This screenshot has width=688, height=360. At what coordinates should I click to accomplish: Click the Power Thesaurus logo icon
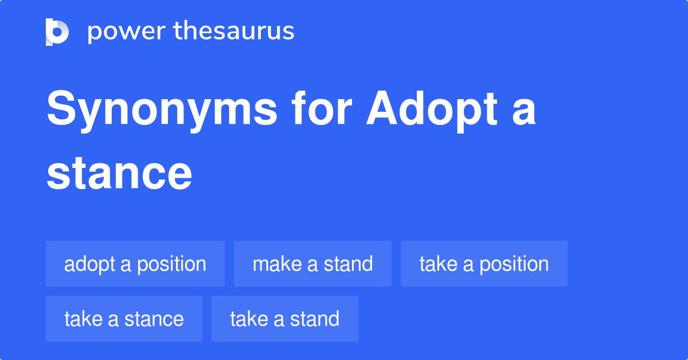pyautogui.click(x=57, y=32)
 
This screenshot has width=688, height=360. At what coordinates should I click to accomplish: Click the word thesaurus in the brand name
pyautogui.click(x=234, y=32)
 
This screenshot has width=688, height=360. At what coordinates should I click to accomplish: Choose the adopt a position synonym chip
pyautogui.click(x=135, y=264)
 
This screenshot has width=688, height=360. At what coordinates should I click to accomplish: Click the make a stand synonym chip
pyautogui.click(x=312, y=264)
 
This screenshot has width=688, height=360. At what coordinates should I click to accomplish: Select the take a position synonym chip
pyautogui.click(x=484, y=264)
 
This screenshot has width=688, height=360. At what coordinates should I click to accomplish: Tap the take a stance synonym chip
pyautogui.click(x=124, y=319)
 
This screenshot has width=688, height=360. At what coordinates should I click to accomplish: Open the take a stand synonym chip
pyautogui.click(x=284, y=319)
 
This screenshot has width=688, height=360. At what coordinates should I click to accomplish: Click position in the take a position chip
pyautogui.click(x=514, y=264)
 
